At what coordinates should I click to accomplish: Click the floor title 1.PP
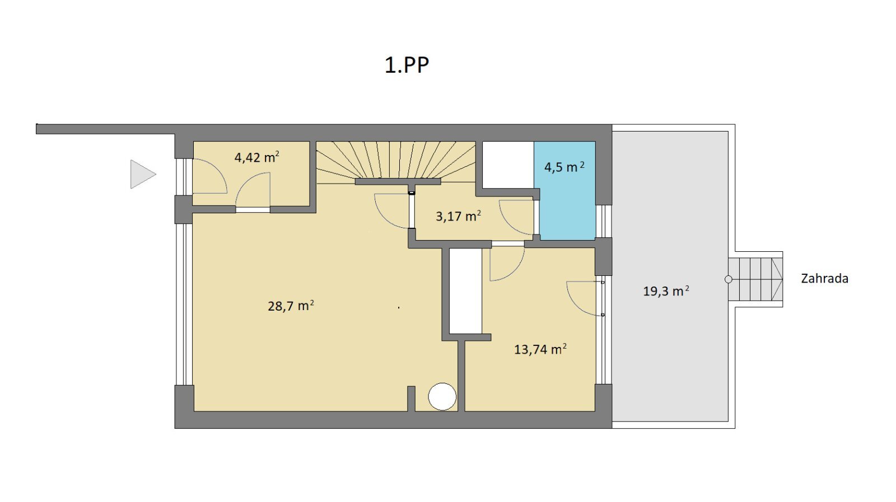(x=407, y=65)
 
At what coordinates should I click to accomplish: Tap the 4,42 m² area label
(x=257, y=157)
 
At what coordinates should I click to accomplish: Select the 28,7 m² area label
(x=291, y=306)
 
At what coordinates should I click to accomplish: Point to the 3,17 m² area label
(x=458, y=216)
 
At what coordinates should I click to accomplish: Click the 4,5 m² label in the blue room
(x=564, y=167)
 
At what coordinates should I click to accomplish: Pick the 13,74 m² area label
(x=540, y=349)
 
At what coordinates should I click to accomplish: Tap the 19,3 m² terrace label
(x=666, y=291)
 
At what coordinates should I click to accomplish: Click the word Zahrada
(x=824, y=279)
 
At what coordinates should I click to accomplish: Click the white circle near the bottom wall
(x=442, y=396)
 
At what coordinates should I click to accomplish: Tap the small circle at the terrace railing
(x=729, y=279)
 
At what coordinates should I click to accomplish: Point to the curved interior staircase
(x=396, y=160)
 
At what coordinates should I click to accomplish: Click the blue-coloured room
(x=565, y=191)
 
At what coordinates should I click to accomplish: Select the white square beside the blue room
(x=508, y=165)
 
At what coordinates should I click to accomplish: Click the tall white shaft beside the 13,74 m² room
(x=465, y=290)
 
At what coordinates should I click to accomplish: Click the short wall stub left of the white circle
(x=411, y=398)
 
